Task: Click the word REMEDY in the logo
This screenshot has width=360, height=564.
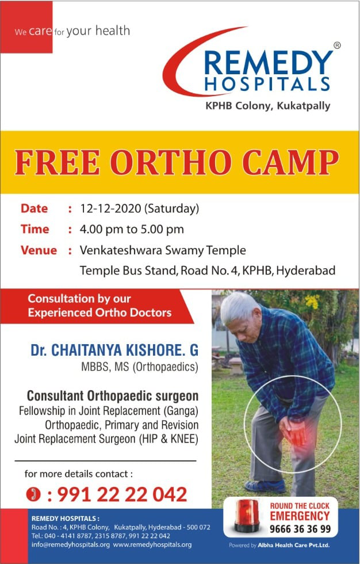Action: coord(269,63)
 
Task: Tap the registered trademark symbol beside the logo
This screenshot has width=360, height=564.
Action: coord(337,45)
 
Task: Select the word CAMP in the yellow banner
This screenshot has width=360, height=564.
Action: coord(290,162)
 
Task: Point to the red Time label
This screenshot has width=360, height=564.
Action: coord(35,229)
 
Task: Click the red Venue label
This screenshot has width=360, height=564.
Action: coord(39,250)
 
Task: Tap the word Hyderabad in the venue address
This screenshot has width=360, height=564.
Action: coord(306,270)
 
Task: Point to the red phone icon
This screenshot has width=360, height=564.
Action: coord(33,494)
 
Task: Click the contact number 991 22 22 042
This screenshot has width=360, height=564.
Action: coord(122,494)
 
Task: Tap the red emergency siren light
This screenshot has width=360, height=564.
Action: coord(247,515)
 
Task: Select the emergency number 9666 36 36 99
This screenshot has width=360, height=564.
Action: coord(300,529)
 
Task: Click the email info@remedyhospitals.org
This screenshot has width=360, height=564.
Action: coord(70,544)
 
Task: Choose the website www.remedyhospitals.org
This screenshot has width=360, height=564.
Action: coord(152,544)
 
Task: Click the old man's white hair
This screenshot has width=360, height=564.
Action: coord(239,306)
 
